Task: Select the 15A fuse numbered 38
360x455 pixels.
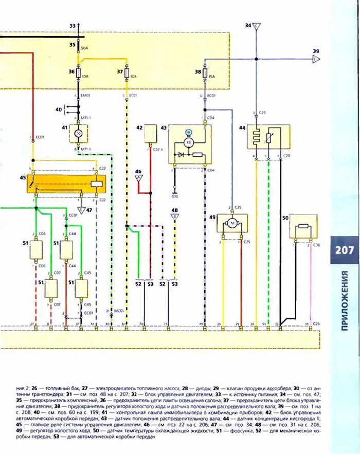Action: [205, 74]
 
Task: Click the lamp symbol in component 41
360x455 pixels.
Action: [79, 133]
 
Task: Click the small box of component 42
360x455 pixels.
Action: [150, 133]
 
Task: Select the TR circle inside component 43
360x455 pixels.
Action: [188, 142]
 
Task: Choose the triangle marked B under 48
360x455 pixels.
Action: [175, 216]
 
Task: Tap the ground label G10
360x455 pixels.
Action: [175, 196]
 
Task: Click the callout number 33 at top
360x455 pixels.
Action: [72, 25]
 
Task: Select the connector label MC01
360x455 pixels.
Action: [118, 311]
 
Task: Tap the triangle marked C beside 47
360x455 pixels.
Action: [80, 210]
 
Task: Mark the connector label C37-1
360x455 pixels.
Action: [159, 149]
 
